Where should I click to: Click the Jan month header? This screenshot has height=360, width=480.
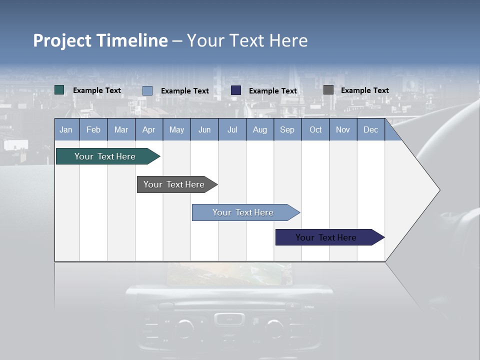[66, 129]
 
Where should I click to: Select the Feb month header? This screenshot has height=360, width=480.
[93, 129]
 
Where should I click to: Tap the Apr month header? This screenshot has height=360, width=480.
[148, 129]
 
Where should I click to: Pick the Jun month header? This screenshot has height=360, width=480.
[204, 129]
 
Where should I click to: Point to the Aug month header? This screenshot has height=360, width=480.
[260, 129]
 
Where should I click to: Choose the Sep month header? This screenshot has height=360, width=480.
[287, 129]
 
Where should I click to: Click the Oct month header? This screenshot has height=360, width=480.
[315, 129]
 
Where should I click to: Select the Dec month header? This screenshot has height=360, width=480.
[371, 129]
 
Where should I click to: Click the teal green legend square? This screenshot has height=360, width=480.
[59, 90]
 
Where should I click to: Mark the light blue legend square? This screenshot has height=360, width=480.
[147, 90]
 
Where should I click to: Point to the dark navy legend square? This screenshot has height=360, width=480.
[236, 90]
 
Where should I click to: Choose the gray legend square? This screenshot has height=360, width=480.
[328, 90]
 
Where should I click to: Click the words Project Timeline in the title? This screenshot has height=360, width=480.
[100, 40]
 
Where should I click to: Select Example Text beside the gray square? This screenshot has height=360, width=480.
[365, 90]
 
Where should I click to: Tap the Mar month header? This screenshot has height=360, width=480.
[121, 129]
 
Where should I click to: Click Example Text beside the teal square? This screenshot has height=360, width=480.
[97, 90]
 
